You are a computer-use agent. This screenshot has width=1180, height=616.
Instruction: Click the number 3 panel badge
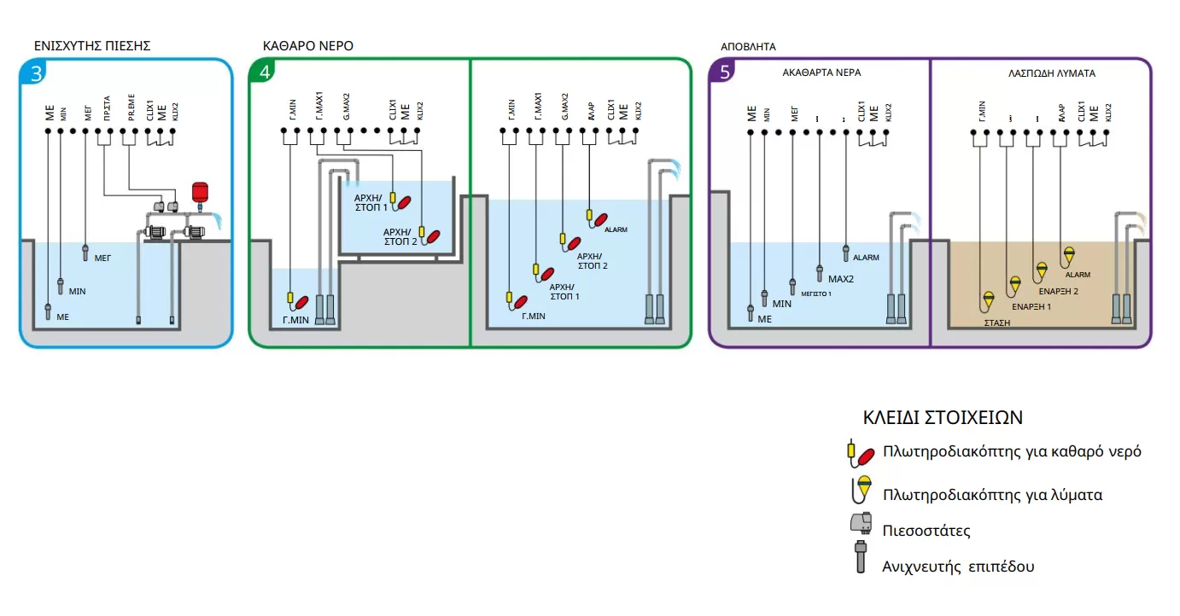[x=36, y=73]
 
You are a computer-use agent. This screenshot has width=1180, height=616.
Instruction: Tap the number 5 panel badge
[x=725, y=73]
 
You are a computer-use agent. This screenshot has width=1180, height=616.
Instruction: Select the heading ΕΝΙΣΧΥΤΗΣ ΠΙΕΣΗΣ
[x=92, y=46]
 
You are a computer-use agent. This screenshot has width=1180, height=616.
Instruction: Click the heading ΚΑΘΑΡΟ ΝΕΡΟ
[x=307, y=46]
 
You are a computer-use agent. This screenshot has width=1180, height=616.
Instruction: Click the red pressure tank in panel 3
[x=200, y=191]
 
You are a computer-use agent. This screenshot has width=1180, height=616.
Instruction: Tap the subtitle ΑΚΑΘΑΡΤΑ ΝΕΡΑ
[x=821, y=73]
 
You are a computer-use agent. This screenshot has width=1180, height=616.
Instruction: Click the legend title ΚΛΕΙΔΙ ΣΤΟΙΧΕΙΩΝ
[x=943, y=418]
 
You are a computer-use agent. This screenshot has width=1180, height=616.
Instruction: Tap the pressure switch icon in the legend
[x=861, y=526]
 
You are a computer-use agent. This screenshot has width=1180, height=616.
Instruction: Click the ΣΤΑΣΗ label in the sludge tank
[x=994, y=323]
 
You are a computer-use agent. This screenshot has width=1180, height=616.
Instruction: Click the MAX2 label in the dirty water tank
[x=842, y=279]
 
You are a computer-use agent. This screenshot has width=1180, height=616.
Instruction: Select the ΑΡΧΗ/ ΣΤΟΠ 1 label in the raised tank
[x=371, y=201]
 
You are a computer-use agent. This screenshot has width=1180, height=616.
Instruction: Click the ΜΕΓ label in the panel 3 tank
[x=102, y=255]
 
